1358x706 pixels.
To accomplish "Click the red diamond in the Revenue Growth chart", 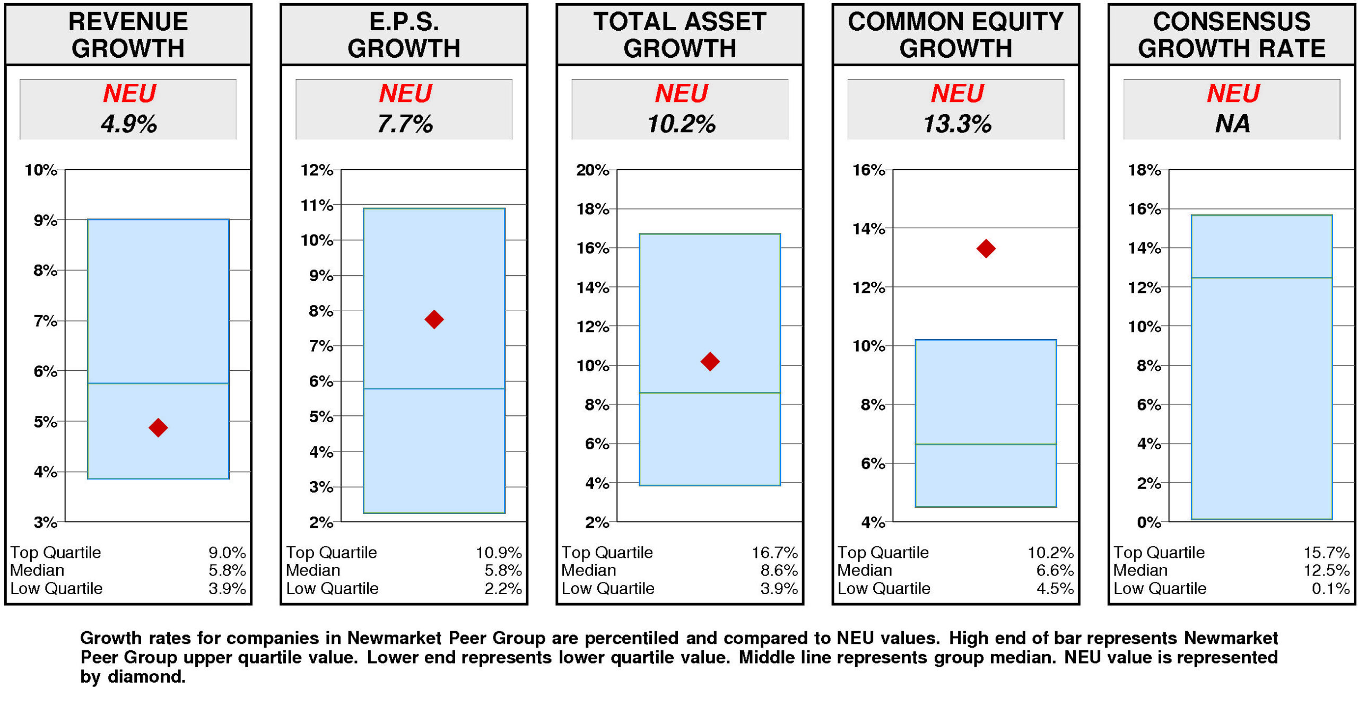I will pyautogui.click(x=158, y=426).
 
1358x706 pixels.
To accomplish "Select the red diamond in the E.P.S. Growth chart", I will pyautogui.click(x=433, y=319).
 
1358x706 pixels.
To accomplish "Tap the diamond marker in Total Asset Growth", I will pyautogui.click(x=709, y=361).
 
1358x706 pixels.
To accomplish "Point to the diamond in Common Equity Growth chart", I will pyautogui.click(x=985, y=248).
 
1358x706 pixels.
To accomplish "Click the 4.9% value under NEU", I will pyautogui.click(x=128, y=124).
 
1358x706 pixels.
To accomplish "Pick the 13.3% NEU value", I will pyautogui.click(x=956, y=124).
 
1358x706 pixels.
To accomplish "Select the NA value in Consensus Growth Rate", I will pyautogui.click(x=1232, y=124).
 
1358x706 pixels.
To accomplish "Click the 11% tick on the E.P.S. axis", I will pyautogui.click(x=317, y=205).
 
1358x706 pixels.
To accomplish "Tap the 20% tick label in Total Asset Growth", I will pyautogui.click(x=592, y=170).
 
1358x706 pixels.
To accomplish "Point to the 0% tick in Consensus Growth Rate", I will pyautogui.click(x=1148, y=522).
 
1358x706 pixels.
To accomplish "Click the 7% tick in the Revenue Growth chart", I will pyautogui.click(x=45, y=320).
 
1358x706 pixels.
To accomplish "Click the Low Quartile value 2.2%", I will pyautogui.click(x=502, y=588).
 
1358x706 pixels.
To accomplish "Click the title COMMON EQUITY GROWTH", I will pyautogui.click(x=955, y=34).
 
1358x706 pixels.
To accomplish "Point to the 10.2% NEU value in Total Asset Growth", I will pyautogui.click(x=681, y=124).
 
